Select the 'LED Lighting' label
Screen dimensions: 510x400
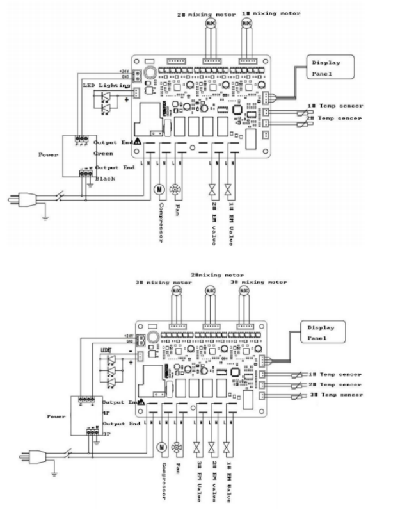105,85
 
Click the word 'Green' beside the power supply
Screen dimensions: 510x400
104,154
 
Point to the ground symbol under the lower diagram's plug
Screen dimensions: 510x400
53,473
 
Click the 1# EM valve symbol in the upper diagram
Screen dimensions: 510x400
228,190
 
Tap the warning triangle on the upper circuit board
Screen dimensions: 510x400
137,140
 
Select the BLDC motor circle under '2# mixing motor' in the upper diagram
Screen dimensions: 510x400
209,22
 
